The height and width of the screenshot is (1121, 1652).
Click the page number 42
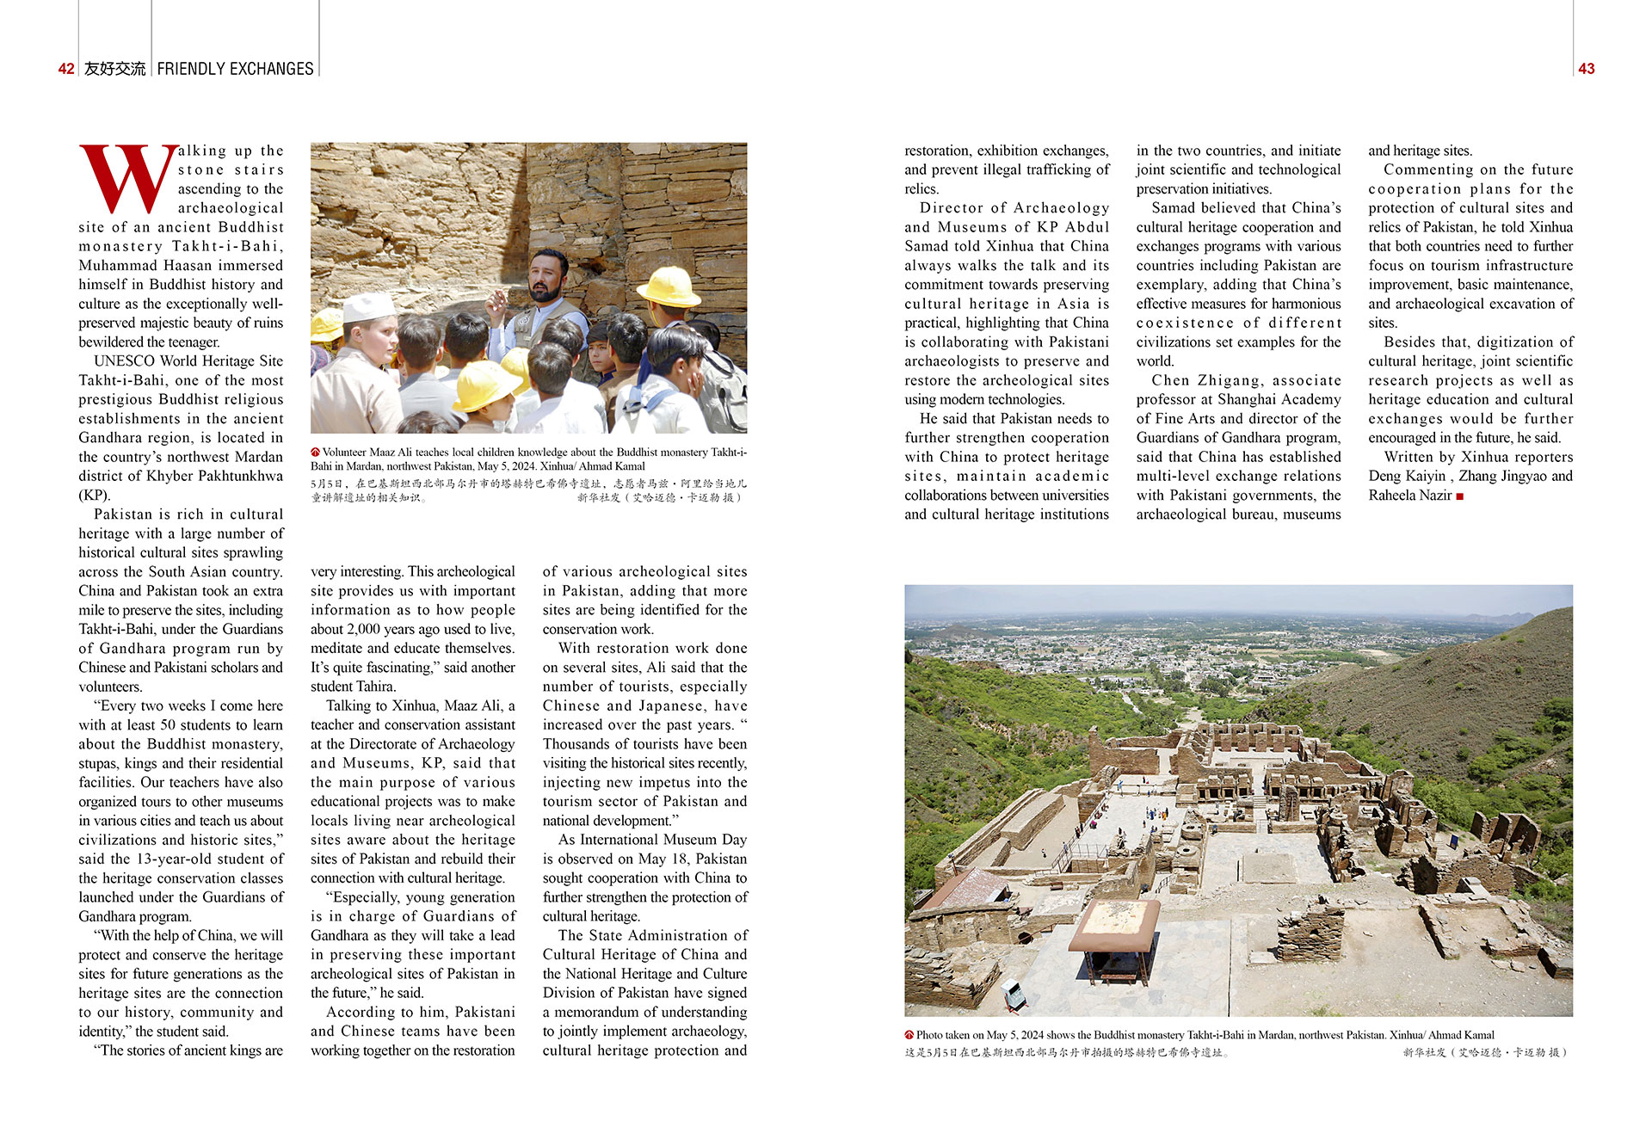pos(66,69)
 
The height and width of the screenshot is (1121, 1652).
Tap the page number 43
pos(1586,69)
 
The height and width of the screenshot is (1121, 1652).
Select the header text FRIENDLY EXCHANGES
pos(235,69)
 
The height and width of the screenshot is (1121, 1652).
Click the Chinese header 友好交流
pos(114,69)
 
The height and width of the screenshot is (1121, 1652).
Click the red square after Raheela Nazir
pos(1459,496)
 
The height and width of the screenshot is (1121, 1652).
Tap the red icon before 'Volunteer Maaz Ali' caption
pos(316,452)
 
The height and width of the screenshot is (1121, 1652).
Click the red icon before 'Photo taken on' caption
pos(909,1035)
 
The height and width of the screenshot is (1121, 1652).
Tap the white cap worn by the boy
pos(368,306)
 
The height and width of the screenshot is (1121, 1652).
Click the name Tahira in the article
pos(375,687)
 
